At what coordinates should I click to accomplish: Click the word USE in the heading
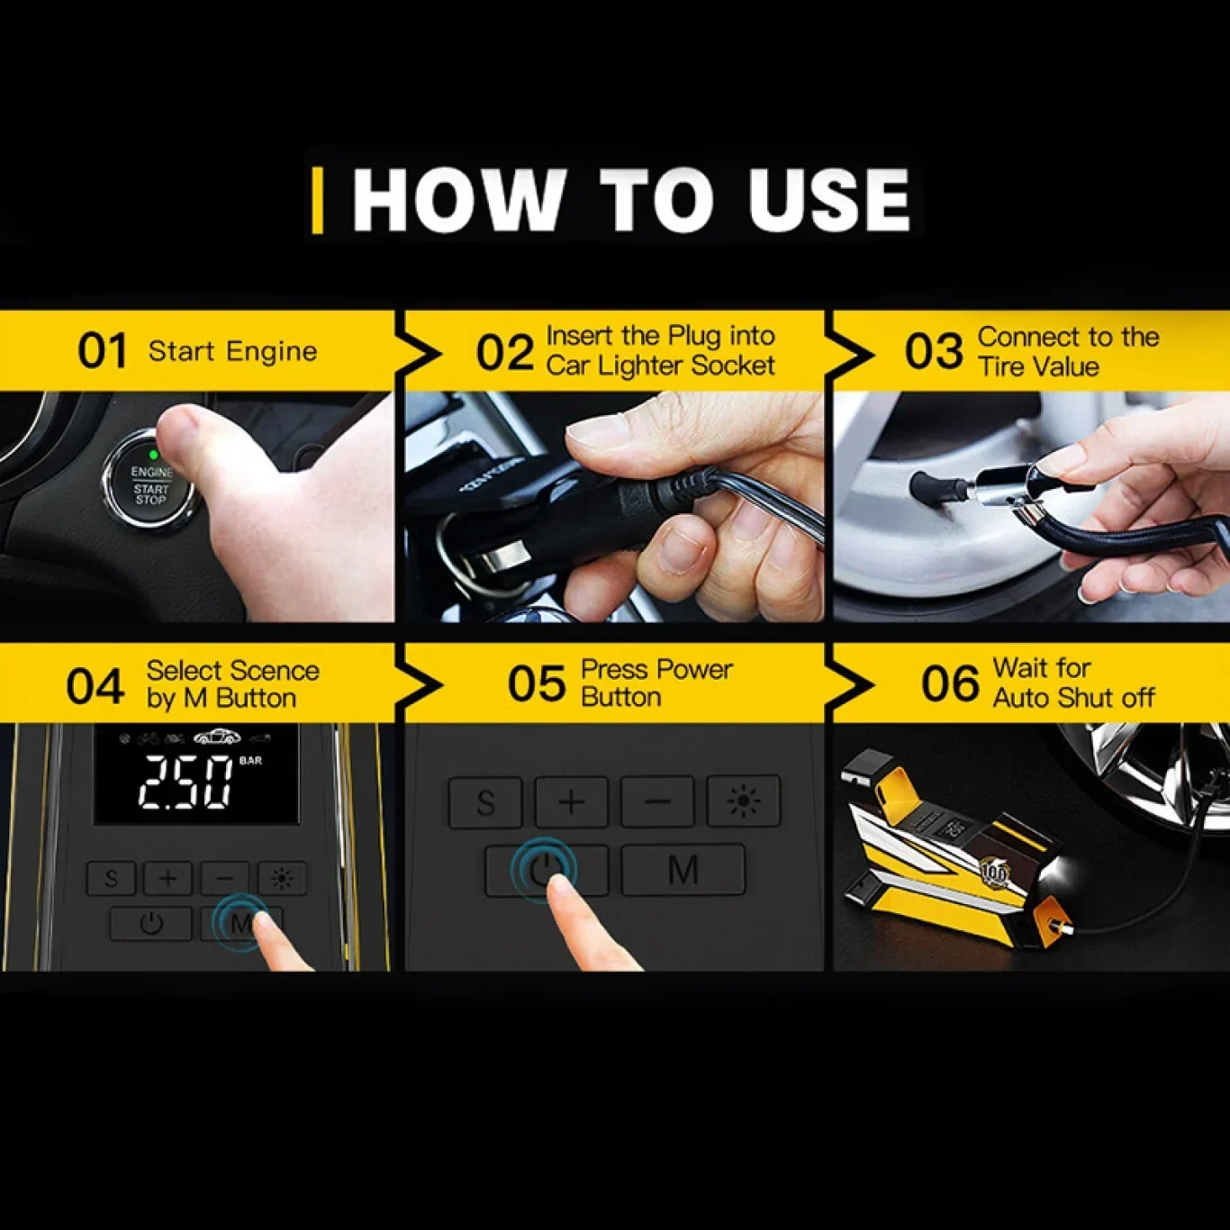(x=829, y=200)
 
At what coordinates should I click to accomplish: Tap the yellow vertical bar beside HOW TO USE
(x=317, y=200)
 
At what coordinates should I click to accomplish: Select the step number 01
(x=102, y=351)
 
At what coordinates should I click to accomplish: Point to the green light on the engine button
(x=153, y=455)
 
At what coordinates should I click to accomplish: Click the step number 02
(x=505, y=352)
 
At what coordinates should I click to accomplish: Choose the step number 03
(x=934, y=352)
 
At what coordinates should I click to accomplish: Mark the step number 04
(x=95, y=686)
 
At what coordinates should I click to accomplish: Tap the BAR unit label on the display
(x=250, y=761)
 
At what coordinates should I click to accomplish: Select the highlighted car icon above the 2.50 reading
(x=219, y=737)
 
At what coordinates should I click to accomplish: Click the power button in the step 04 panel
(x=151, y=923)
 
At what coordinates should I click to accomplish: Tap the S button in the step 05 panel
(x=485, y=801)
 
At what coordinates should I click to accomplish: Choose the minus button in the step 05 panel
(x=657, y=801)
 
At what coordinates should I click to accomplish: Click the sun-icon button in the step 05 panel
(x=744, y=801)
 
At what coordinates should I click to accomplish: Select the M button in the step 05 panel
(x=683, y=870)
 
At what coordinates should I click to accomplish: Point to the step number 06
(x=950, y=683)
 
